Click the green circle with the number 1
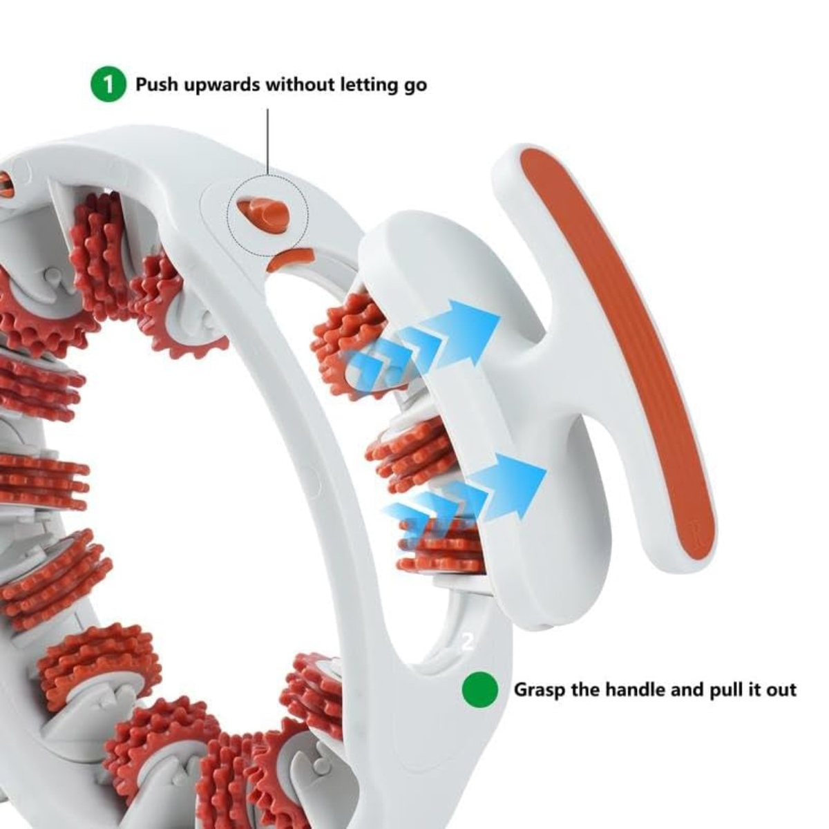[x=108, y=85]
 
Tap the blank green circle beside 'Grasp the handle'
[x=480, y=689]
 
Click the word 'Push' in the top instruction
[x=157, y=85]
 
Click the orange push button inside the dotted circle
[x=264, y=211]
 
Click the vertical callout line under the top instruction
[x=268, y=142]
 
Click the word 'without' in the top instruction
[x=301, y=85]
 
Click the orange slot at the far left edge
[x=6, y=185]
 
